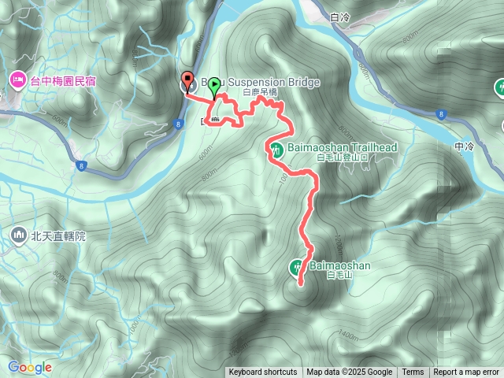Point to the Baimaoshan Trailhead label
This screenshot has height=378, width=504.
coord(339,147)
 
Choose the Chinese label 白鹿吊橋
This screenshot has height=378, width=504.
coord(260,93)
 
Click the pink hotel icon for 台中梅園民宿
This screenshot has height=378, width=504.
coord(17,80)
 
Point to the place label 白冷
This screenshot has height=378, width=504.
coord(340,16)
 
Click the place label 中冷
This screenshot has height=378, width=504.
coord(465,146)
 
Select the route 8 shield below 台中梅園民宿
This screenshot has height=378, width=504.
coord(81,165)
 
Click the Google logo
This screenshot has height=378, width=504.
coord(30,367)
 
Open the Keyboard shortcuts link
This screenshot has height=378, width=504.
coord(263,372)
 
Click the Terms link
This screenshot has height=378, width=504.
coord(413,372)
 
